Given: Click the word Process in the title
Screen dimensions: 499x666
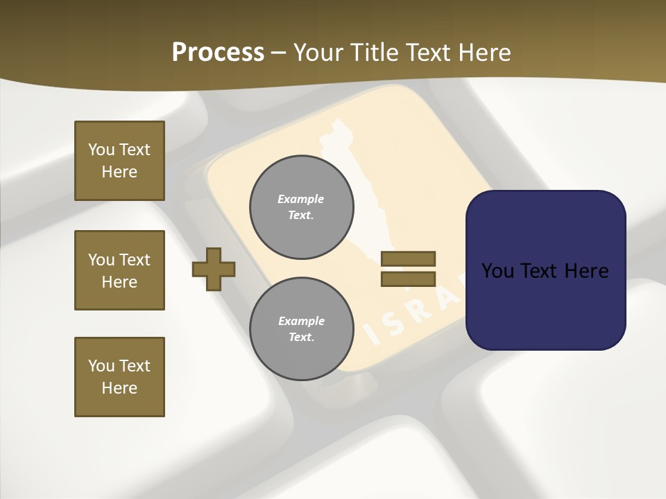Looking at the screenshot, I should (218, 53).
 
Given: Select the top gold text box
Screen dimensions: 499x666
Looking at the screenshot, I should (119, 161).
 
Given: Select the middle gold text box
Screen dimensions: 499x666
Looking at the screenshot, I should (119, 270).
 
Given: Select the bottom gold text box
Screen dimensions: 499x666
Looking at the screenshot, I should (119, 377).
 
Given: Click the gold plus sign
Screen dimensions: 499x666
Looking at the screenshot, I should (214, 269).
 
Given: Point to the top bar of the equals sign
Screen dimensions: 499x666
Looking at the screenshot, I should (408, 259).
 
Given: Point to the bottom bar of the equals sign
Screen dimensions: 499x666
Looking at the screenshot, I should (408, 279).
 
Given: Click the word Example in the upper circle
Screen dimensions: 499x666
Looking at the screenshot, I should (301, 199).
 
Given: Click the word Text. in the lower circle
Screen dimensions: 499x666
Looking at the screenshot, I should (301, 338).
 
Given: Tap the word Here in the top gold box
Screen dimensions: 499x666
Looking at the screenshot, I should (119, 172).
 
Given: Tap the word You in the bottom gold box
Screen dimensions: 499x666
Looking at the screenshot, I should (101, 366).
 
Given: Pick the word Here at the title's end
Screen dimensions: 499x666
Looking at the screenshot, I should (485, 53).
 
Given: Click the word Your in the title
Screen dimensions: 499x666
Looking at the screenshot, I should (319, 53).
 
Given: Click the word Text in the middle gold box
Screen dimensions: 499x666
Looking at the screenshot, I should (135, 260).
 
